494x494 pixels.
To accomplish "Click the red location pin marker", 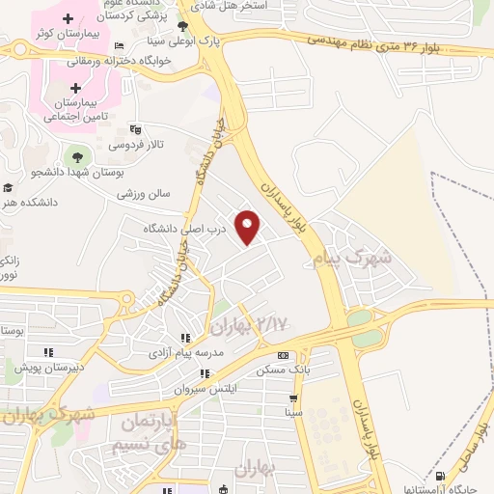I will point(249,226).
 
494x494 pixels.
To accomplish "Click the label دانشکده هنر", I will point(31,204).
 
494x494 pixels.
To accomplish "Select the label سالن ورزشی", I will point(144,193).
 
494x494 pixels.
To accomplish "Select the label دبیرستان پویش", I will point(56,368).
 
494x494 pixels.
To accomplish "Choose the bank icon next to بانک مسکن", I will point(308,354).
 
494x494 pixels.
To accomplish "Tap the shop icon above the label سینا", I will point(292,397).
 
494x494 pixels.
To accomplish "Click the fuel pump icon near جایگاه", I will point(441,477).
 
